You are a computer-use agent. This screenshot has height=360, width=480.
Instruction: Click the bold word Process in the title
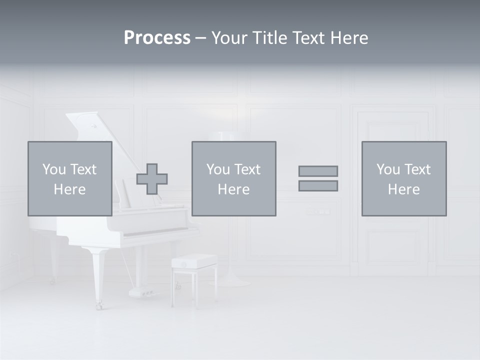coord(157,38)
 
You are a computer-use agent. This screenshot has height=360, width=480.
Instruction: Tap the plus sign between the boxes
coord(152,179)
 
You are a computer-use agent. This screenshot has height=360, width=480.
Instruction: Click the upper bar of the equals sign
coord(318,171)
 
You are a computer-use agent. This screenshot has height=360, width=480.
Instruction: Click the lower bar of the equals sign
coord(318,186)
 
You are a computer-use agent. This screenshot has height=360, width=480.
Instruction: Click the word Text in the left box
coord(82,169)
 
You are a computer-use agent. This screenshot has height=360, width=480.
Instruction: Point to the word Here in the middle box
coord(233,189)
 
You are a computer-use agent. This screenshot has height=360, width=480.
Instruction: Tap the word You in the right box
coord(388,169)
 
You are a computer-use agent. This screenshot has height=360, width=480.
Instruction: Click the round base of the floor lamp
coord(230,282)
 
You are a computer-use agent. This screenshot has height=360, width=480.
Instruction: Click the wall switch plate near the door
coord(318,211)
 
